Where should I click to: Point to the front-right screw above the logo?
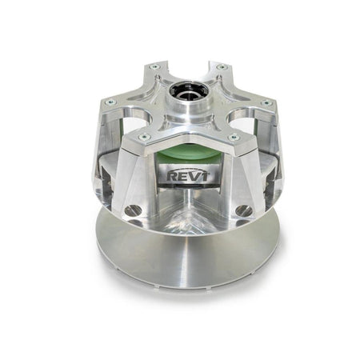pos(233,138)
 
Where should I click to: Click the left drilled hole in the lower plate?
pos(133,210)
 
